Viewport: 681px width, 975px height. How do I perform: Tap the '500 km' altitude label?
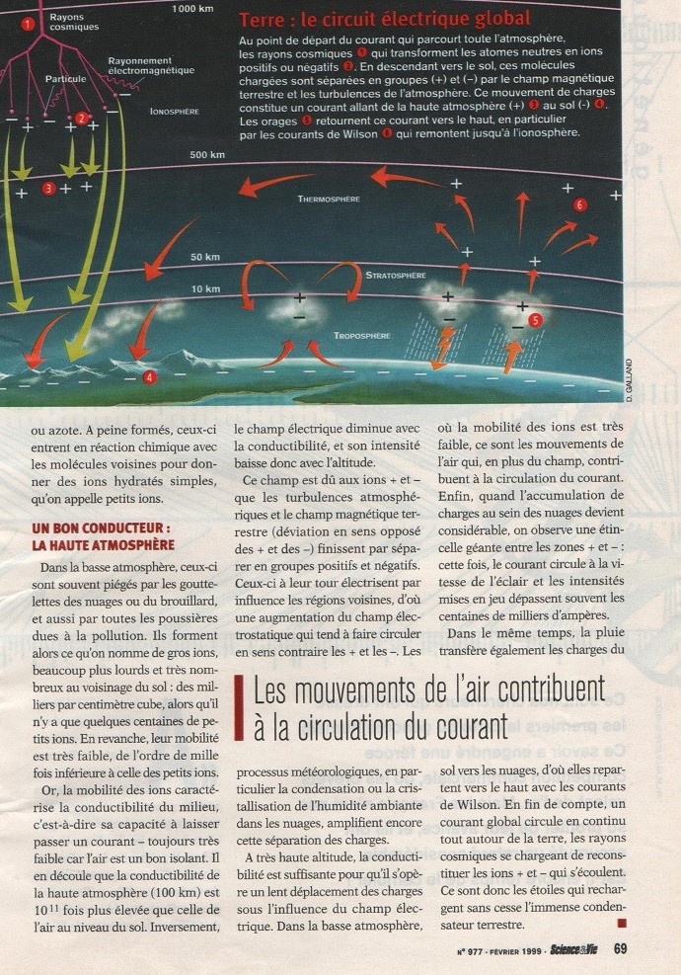tap(208, 155)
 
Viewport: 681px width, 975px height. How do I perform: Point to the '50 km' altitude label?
tap(204, 257)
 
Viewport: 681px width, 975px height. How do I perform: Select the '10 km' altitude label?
tap(204, 288)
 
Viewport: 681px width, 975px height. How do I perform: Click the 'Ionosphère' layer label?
tap(175, 112)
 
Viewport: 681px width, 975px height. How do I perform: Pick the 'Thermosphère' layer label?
tap(329, 199)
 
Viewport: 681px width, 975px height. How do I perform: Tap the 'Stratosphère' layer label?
tap(395, 275)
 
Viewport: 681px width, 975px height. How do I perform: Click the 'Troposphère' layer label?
tap(361, 336)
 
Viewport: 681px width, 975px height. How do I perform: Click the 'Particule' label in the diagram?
tap(66, 77)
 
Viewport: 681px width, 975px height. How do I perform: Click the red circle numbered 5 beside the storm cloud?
tap(535, 320)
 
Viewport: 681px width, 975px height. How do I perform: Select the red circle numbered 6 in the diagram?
tap(579, 204)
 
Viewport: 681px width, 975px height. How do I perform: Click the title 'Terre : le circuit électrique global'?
tap(385, 19)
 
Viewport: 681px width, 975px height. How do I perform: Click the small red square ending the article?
tap(621, 924)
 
